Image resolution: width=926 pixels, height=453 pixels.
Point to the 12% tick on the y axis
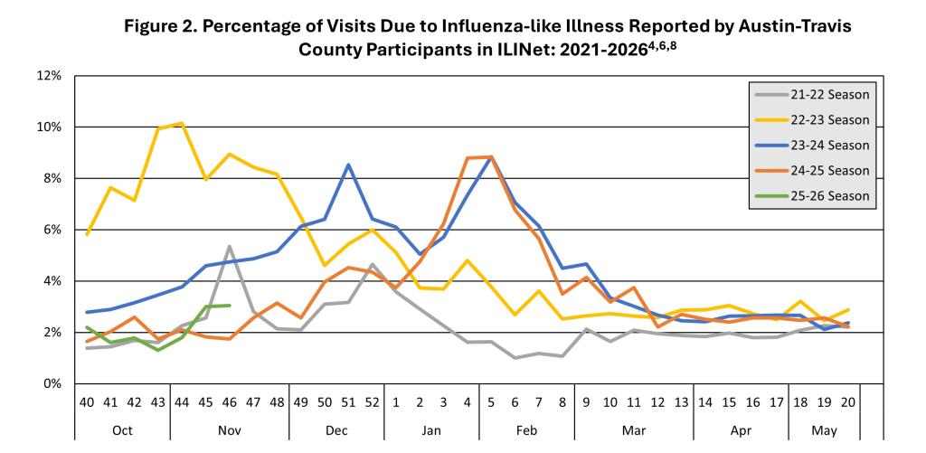pos(49,75)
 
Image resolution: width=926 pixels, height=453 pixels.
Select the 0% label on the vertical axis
pos(52,384)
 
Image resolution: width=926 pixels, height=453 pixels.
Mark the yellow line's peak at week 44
pos(182,123)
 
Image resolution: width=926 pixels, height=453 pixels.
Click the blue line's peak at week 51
pos(348,165)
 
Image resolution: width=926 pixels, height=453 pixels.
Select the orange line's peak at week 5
pos(491,156)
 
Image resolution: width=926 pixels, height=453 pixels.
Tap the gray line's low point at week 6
pos(515,358)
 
